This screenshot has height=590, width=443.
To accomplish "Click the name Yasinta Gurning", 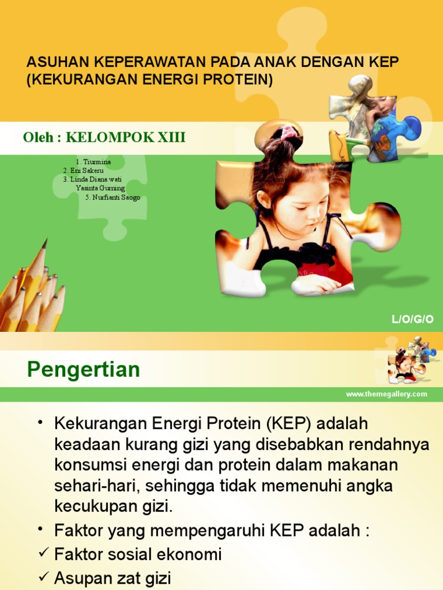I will (x=100, y=188).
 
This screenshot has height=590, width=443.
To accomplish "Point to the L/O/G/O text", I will (x=412, y=319).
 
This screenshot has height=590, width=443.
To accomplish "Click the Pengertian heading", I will (x=83, y=369).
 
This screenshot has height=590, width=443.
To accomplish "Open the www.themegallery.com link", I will (x=386, y=394).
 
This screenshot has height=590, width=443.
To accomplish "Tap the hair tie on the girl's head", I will (x=288, y=133).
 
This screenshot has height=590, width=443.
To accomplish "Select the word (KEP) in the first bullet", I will (x=288, y=424).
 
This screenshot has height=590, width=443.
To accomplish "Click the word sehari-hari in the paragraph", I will (x=95, y=486).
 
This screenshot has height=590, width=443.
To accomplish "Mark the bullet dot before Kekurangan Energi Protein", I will (x=40, y=423).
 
